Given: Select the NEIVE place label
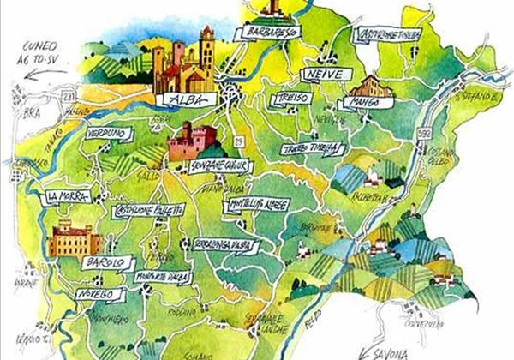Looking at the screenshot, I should click(x=321, y=75).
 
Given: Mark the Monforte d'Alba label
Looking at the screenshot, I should click(x=163, y=278).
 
